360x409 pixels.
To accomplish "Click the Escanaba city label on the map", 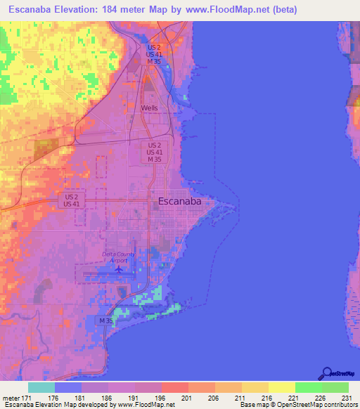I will pos(179,201).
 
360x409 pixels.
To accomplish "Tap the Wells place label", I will pos(149,108).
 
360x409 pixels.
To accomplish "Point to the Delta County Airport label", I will pos(120,257).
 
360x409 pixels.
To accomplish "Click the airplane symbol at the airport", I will pos(119,268).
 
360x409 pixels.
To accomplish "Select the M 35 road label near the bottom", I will pos(105,320).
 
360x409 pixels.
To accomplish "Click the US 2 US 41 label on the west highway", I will pos(71,200).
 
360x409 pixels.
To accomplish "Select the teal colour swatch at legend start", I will pos(41,387).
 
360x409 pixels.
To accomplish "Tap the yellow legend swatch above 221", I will pos(281,387).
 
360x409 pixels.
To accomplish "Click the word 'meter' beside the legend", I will pos(10,398).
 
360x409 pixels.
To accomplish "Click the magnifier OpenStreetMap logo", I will pos(326,372).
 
